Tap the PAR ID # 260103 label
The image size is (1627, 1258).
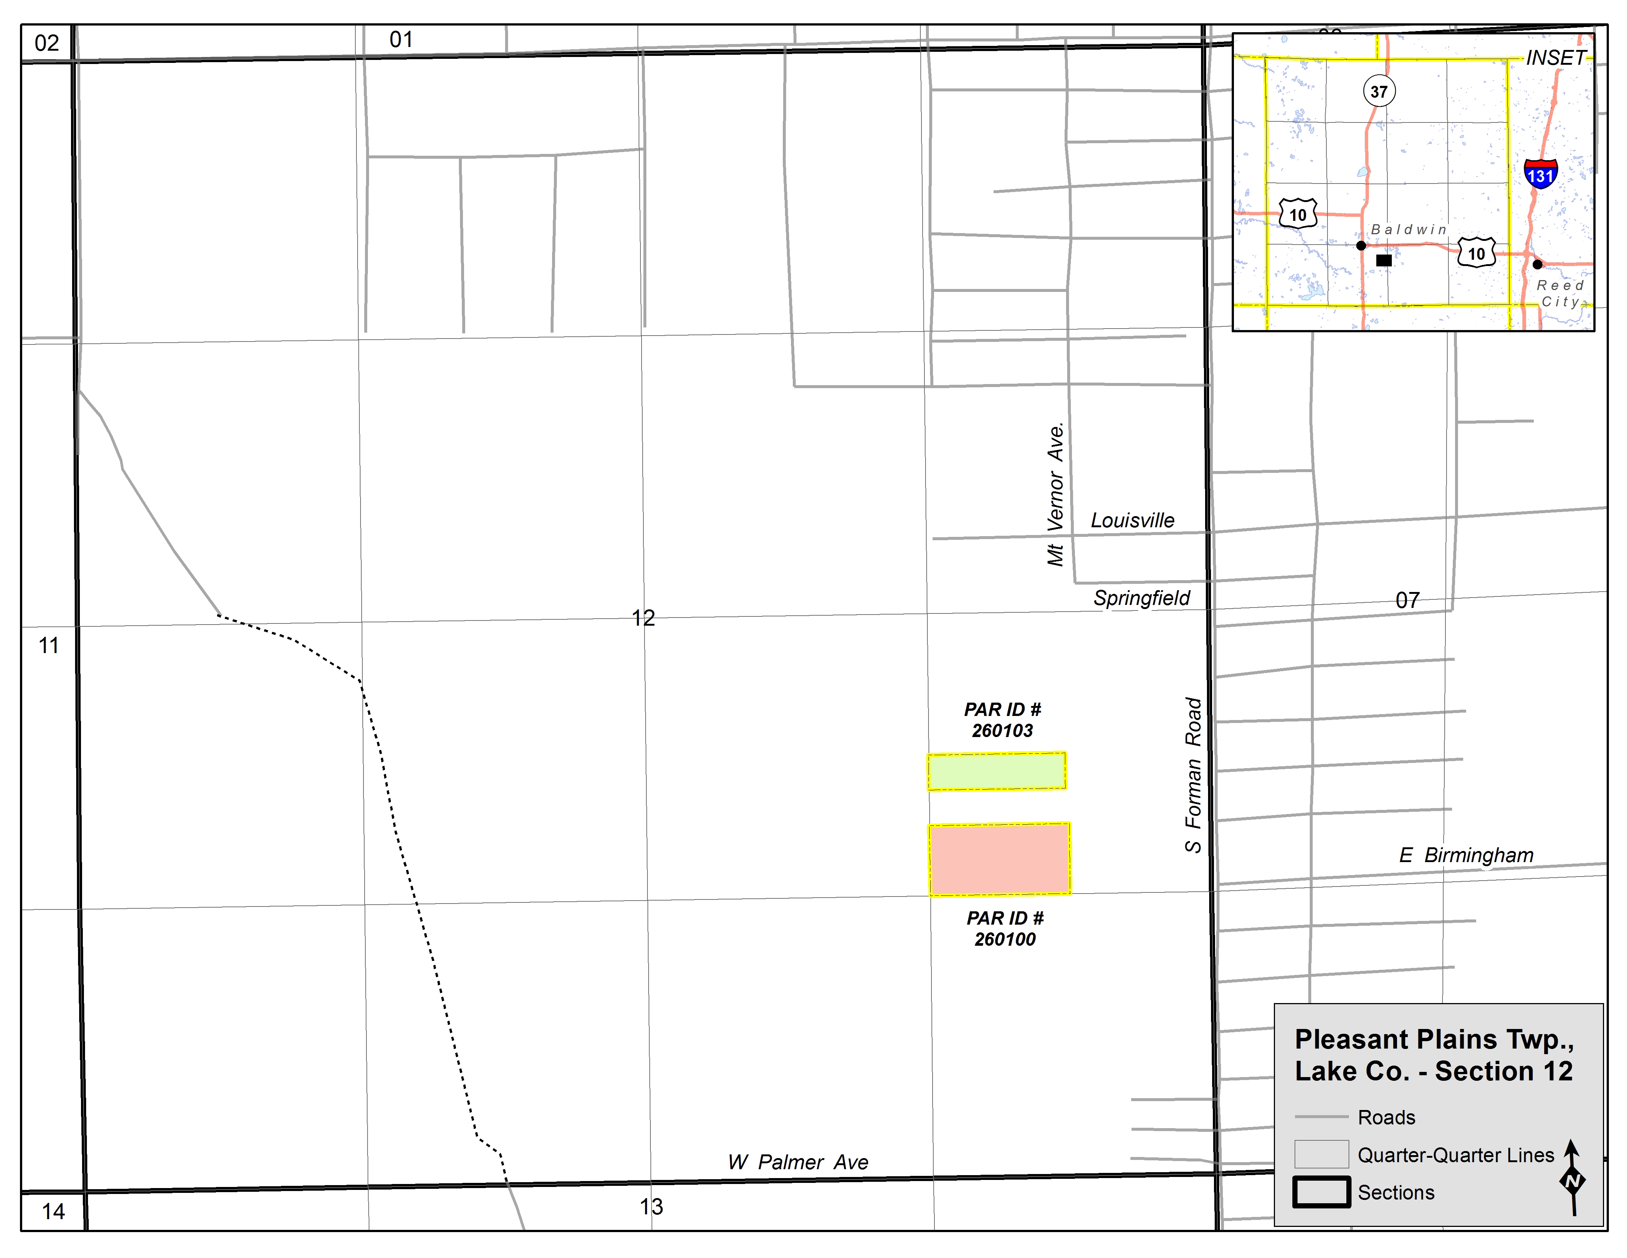1002,720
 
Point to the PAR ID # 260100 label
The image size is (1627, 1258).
1005,929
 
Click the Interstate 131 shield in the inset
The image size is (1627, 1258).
1540,174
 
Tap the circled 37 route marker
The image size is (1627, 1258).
1379,92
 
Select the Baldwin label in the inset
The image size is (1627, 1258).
1408,229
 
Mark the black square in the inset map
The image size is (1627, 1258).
1383,260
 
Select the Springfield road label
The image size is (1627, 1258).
1141,598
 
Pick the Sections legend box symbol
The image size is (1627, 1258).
1321,1192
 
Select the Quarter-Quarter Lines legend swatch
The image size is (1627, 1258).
1321,1154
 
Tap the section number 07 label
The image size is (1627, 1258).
1407,600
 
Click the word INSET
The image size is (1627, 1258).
1556,58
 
